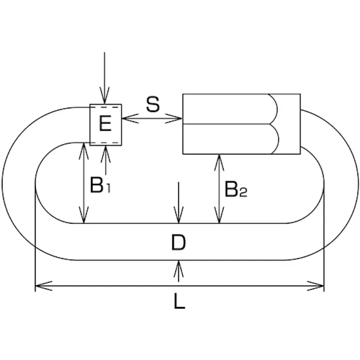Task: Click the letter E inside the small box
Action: click(105, 124)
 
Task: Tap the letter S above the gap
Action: click(152, 105)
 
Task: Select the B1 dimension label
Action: click(100, 186)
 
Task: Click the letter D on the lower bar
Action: click(178, 243)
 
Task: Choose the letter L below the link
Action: click(179, 301)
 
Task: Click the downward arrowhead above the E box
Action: click(105, 99)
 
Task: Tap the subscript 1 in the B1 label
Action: click(109, 189)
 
